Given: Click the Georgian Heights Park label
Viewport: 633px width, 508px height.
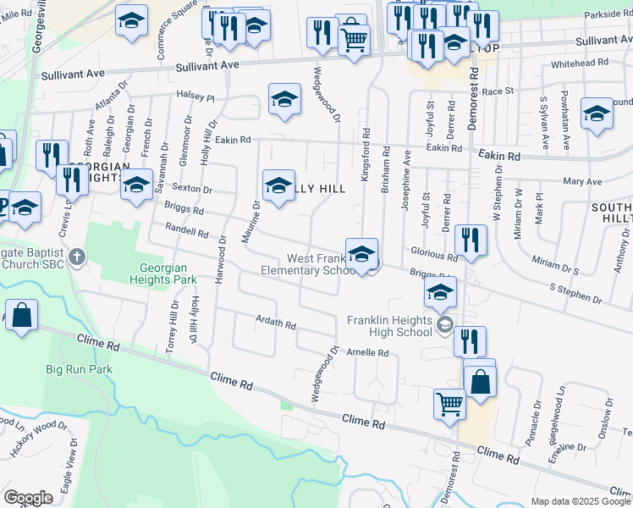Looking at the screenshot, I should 168,273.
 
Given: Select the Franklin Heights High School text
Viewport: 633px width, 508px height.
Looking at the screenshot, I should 390,326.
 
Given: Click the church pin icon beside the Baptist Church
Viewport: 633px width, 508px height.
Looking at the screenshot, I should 77,257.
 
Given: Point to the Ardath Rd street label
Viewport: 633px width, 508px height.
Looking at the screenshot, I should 276,323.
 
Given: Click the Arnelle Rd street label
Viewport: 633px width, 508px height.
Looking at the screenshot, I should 366,352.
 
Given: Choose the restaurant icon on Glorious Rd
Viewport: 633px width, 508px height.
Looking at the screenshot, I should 468,240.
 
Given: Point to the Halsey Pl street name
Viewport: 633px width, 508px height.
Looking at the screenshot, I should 195,97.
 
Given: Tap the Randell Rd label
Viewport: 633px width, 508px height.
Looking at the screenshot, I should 186,231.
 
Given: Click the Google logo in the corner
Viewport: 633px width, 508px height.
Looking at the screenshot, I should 28,498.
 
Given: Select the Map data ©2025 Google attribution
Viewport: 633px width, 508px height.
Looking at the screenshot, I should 581,501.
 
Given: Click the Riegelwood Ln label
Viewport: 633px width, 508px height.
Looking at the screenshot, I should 560,408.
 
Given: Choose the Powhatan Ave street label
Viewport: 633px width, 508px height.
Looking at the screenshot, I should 564,111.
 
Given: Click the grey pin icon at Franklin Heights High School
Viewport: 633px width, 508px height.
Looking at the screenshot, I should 445,325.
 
